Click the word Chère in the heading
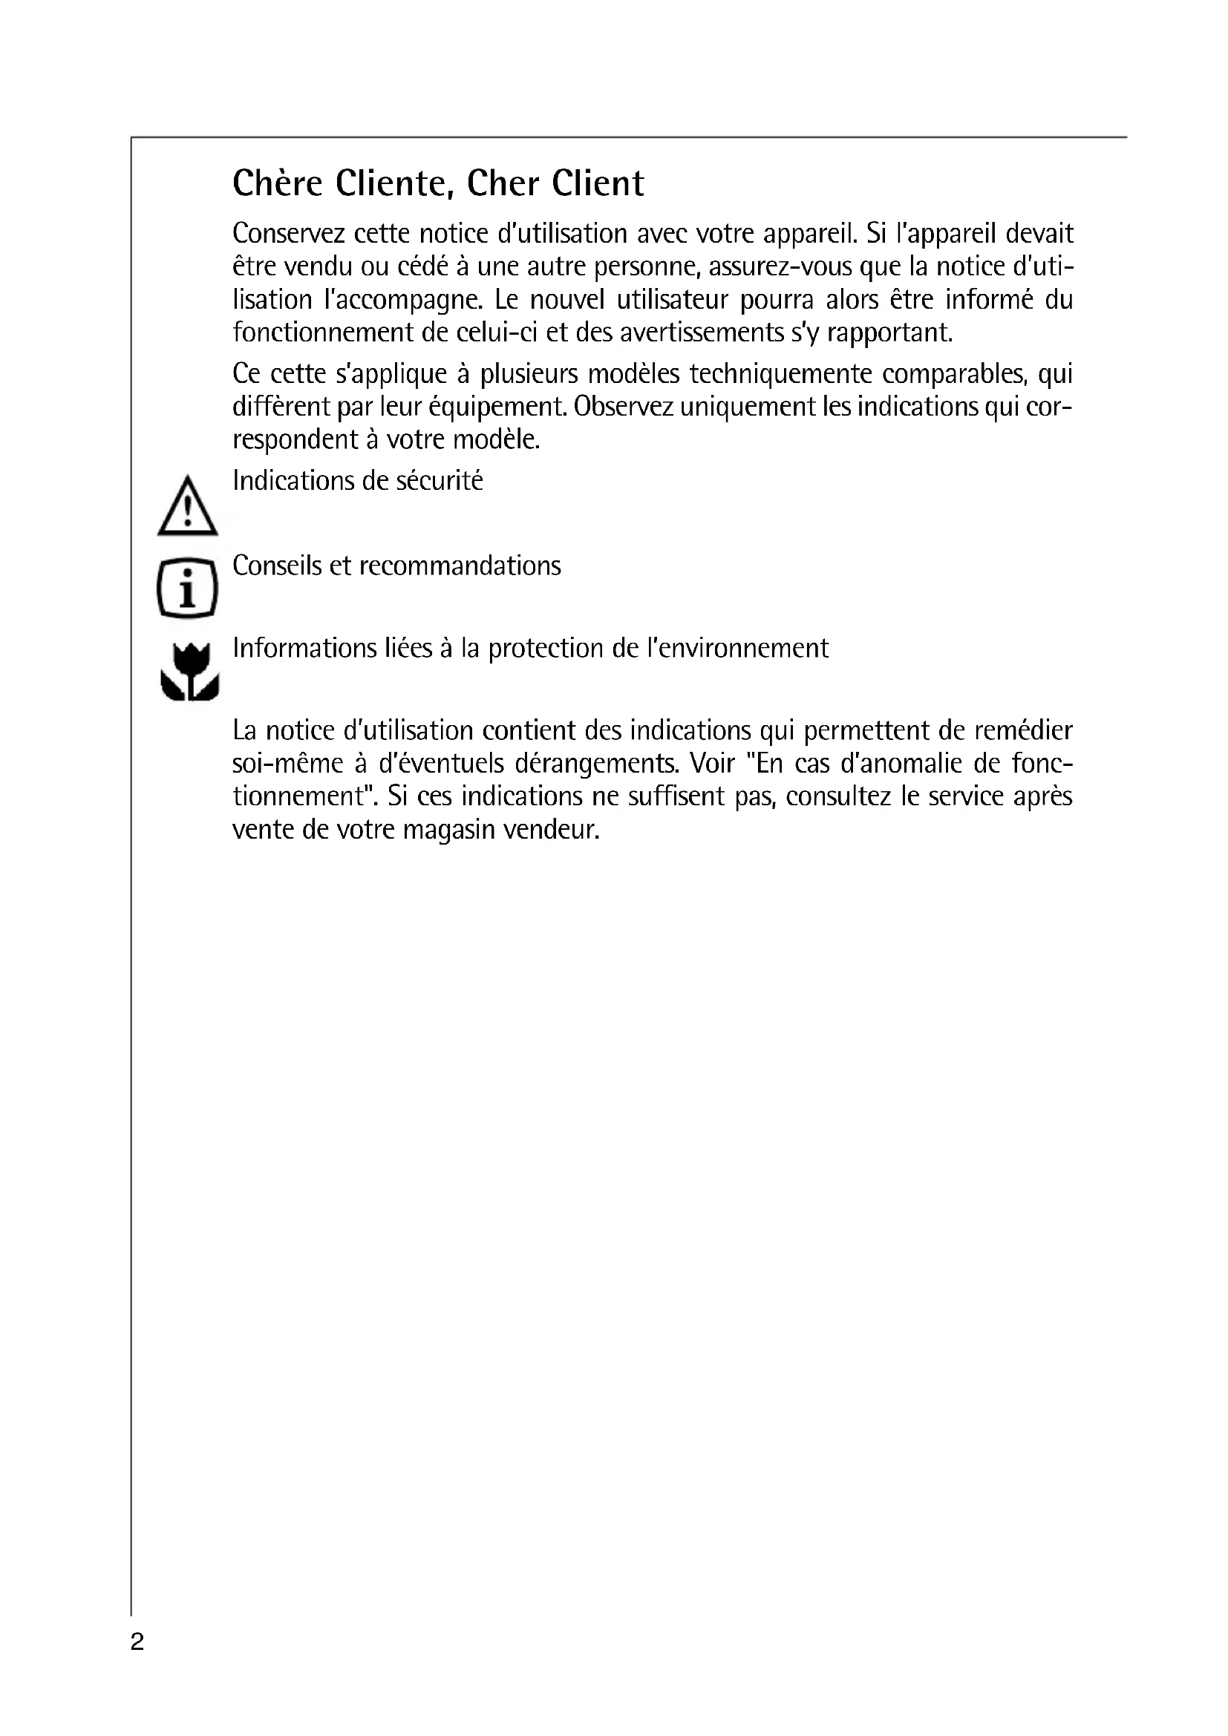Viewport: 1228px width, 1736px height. [278, 184]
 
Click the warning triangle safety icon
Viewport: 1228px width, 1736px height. [188, 507]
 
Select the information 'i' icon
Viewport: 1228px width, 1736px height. [188, 588]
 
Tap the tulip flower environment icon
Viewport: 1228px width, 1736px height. [190, 672]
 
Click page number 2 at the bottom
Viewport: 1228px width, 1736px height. [137, 1642]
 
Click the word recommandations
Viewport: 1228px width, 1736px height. [460, 566]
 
